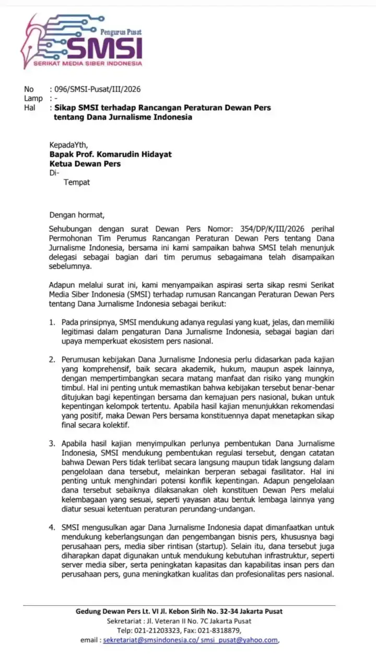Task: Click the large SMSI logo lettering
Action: (104, 48)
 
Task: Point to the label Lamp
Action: (33, 98)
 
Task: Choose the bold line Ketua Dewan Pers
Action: (85, 164)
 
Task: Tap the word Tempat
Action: (76, 182)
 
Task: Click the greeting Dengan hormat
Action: (77, 214)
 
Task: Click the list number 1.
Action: (52, 323)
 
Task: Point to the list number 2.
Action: (52, 360)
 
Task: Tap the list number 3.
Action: (52, 444)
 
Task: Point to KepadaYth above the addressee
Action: (69, 145)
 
